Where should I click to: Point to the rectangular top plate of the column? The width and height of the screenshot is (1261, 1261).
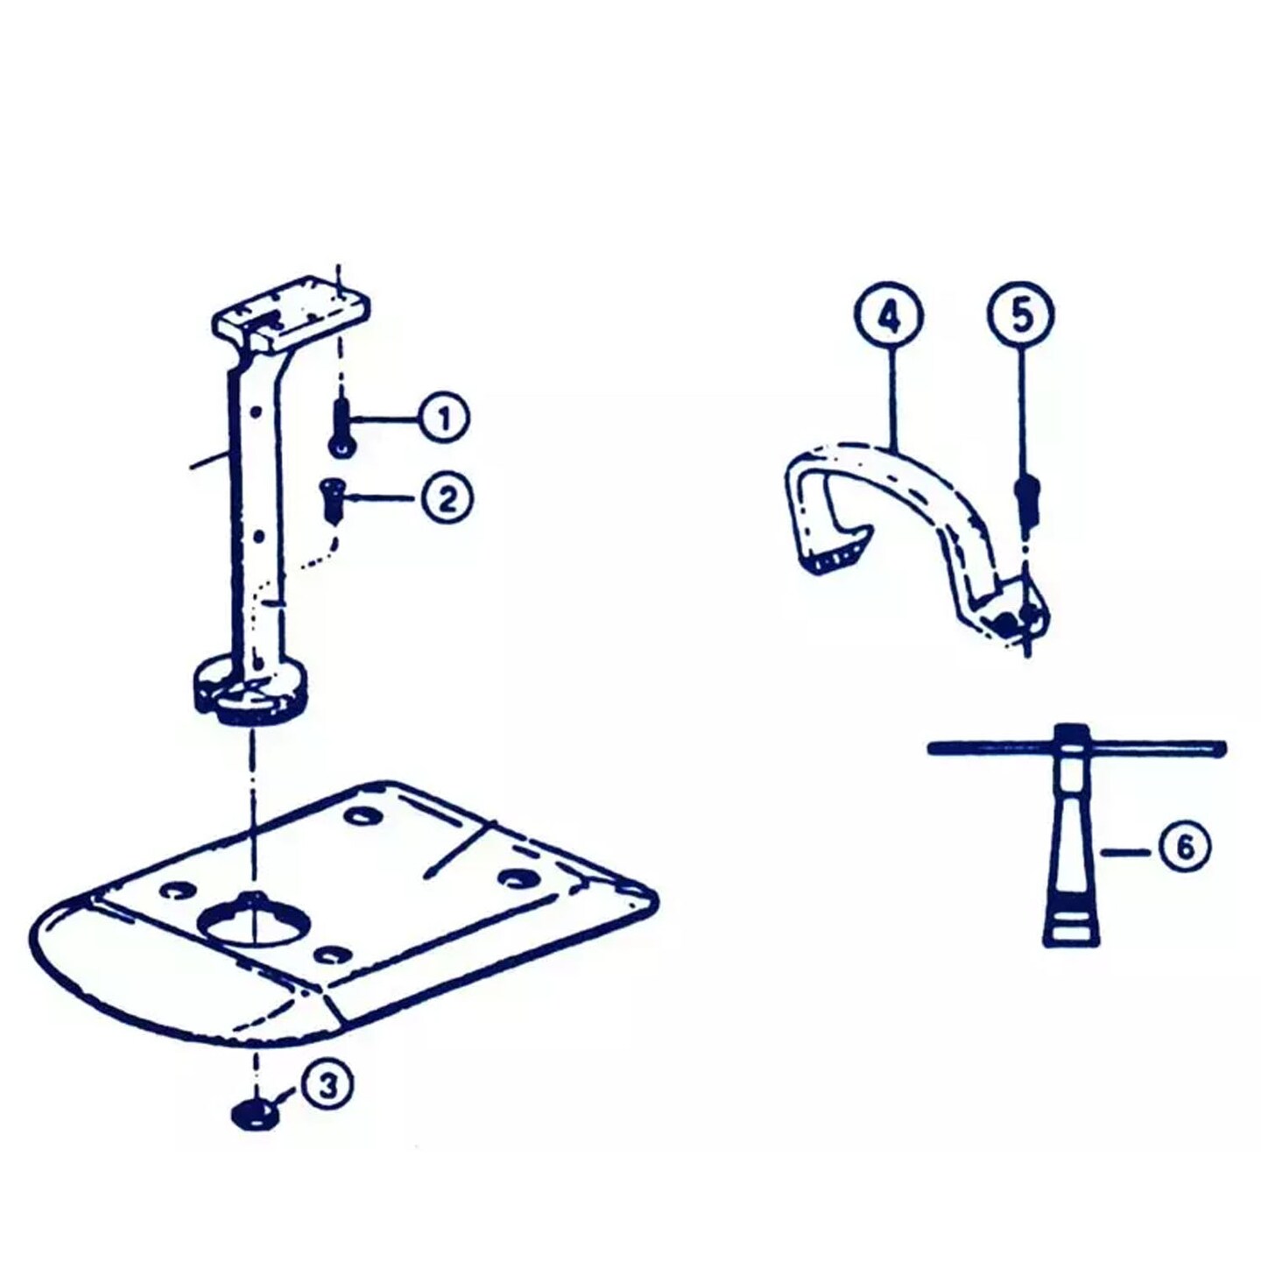point(292,314)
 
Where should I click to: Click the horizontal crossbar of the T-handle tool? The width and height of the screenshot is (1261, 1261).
point(1076,747)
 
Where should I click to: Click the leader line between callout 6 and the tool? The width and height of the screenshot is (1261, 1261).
point(1127,851)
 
